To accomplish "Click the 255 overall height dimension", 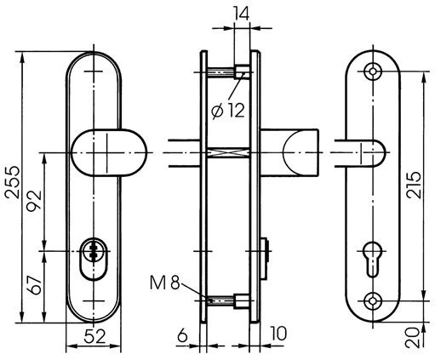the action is pyautogui.click(x=13, y=182).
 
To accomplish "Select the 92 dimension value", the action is pyautogui.click(x=34, y=201).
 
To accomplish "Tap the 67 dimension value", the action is pyautogui.click(x=34, y=285).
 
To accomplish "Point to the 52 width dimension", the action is pyautogui.click(x=94, y=337).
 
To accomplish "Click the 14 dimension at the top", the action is pyautogui.click(x=242, y=14).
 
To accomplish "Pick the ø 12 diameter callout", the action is pyautogui.click(x=228, y=111).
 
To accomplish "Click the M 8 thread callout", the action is pyautogui.click(x=165, y=283).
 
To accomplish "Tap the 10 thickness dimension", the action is pyautogui.click(x=278, y=334).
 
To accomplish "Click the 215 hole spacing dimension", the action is pyautogui.click(x=414, y=185).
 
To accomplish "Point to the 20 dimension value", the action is pyautogui.click(x=412, y=338).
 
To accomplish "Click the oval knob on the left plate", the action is pyautogui.click(x=109, y=153).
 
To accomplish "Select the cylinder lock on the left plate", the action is pyautogui.click(x=94, y=259).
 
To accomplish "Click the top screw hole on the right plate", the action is pyautogui.click(x=373, y=71).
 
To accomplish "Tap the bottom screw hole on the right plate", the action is pyautogui.click(x=373, y=301).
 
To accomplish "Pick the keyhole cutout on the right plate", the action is pyautogui.click(x=373, y=259).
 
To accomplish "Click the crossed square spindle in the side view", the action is pyautogui.click(x=228, y=153).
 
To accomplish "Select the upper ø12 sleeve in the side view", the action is pyautogui.click(x=242, y=71).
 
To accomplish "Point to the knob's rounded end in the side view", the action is pyautogui.click(x=292, y=153).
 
